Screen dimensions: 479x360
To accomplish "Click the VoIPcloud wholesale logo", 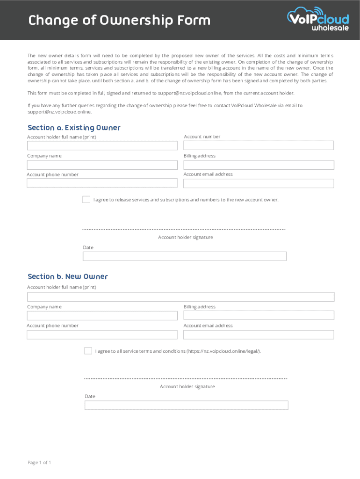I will coord(317,19).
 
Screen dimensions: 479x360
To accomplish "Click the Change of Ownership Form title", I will coord(119,21).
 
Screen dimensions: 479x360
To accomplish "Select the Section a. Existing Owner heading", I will coord(74,128).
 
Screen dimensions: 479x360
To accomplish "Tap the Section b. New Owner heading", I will coord(68,276).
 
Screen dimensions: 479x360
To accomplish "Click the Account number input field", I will coord(259,145).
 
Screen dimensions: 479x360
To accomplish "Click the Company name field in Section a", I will coord(102,165).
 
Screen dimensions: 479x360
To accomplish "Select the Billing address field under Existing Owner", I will coord(259,165).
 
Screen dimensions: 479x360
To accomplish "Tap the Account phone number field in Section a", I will coord(102,183).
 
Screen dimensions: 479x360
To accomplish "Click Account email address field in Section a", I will coord(259,183).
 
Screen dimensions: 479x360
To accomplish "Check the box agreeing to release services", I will coord(86,200).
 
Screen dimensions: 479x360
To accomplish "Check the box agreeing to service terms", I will coord(88,351).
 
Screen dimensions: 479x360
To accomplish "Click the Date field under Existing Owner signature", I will coord(184,256).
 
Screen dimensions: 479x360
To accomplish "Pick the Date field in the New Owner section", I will coord(186,405).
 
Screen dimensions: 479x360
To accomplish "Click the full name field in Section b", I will coord(180,297).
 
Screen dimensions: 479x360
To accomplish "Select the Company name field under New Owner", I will coord(102,316).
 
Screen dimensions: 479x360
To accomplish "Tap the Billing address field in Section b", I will coord(259,316).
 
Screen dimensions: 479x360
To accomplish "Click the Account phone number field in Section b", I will coord(102,334).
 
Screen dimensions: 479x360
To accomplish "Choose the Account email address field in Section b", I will coord(259,334).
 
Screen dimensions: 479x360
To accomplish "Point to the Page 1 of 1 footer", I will coord(39,463).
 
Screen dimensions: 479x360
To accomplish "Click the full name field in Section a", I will coord(102,145).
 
